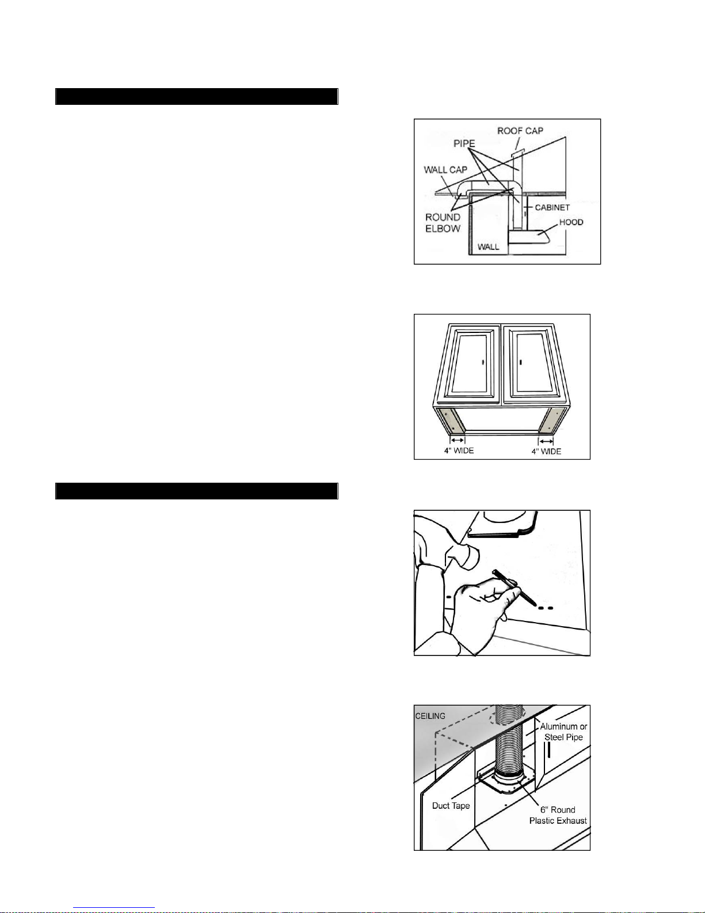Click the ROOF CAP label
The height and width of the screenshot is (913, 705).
(520, 131)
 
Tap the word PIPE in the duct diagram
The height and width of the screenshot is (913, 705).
(464, 143)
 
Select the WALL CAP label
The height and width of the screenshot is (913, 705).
(445, 170)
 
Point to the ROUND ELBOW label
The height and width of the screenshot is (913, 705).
(443, 223)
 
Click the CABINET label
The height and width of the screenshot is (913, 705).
(552, 207)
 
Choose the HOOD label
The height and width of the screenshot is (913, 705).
(571, 222)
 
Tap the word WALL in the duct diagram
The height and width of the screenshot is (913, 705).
(489, 247)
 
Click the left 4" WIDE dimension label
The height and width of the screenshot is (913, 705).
(459, 450)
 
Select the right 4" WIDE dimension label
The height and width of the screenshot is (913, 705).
(546, 451)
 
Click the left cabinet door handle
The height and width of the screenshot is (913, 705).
(483, 362)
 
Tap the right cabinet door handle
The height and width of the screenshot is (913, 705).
(521, 362)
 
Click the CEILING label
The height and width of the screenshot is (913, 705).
(430, 716)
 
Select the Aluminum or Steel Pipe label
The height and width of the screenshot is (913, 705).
(563, 732)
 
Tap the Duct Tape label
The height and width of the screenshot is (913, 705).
(451, 805)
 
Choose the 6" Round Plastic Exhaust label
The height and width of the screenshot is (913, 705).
(558, 815)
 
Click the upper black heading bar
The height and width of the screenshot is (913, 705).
(196, 96)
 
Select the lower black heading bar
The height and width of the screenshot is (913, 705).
(196, 491)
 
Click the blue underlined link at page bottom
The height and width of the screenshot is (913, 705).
(114, 908)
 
